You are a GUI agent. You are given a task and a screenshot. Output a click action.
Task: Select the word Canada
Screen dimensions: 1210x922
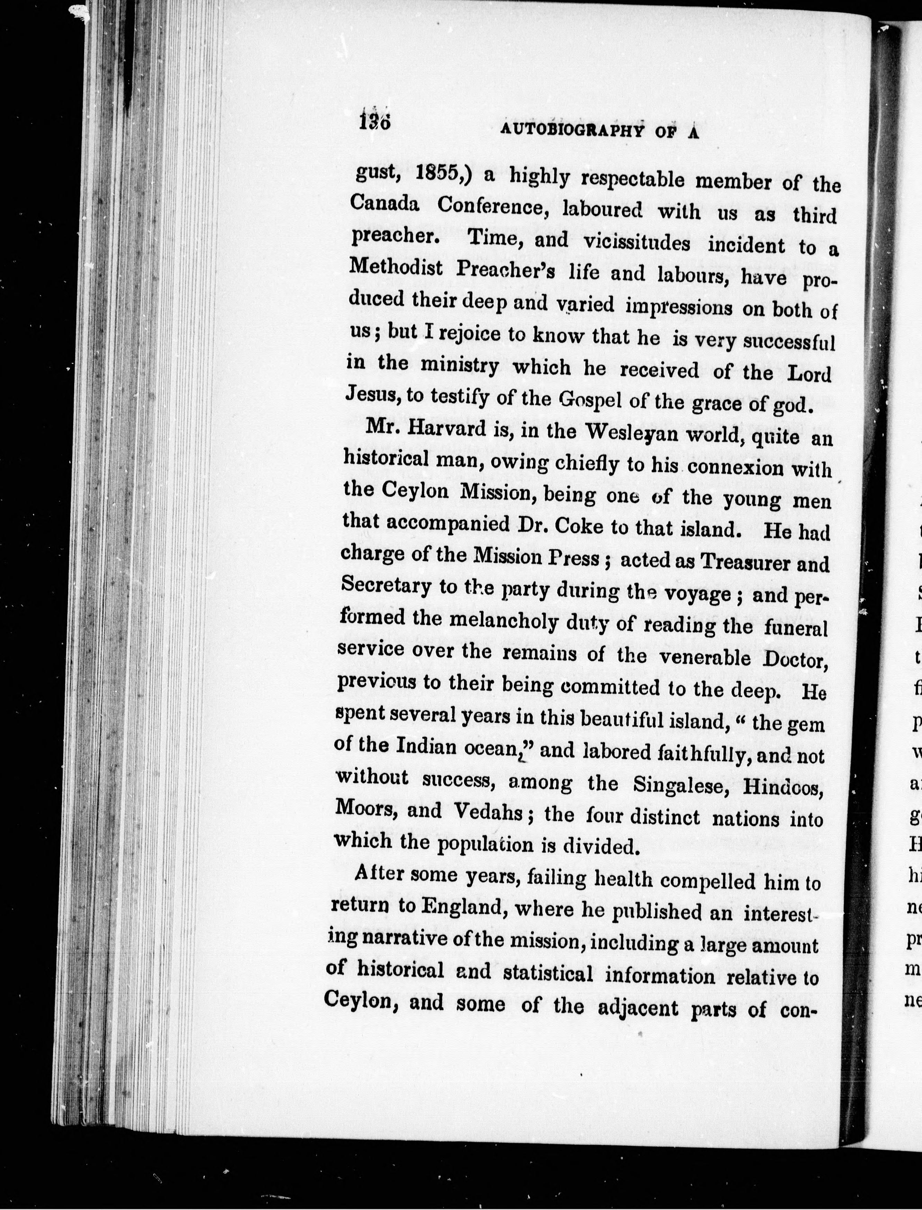[385, 204]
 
